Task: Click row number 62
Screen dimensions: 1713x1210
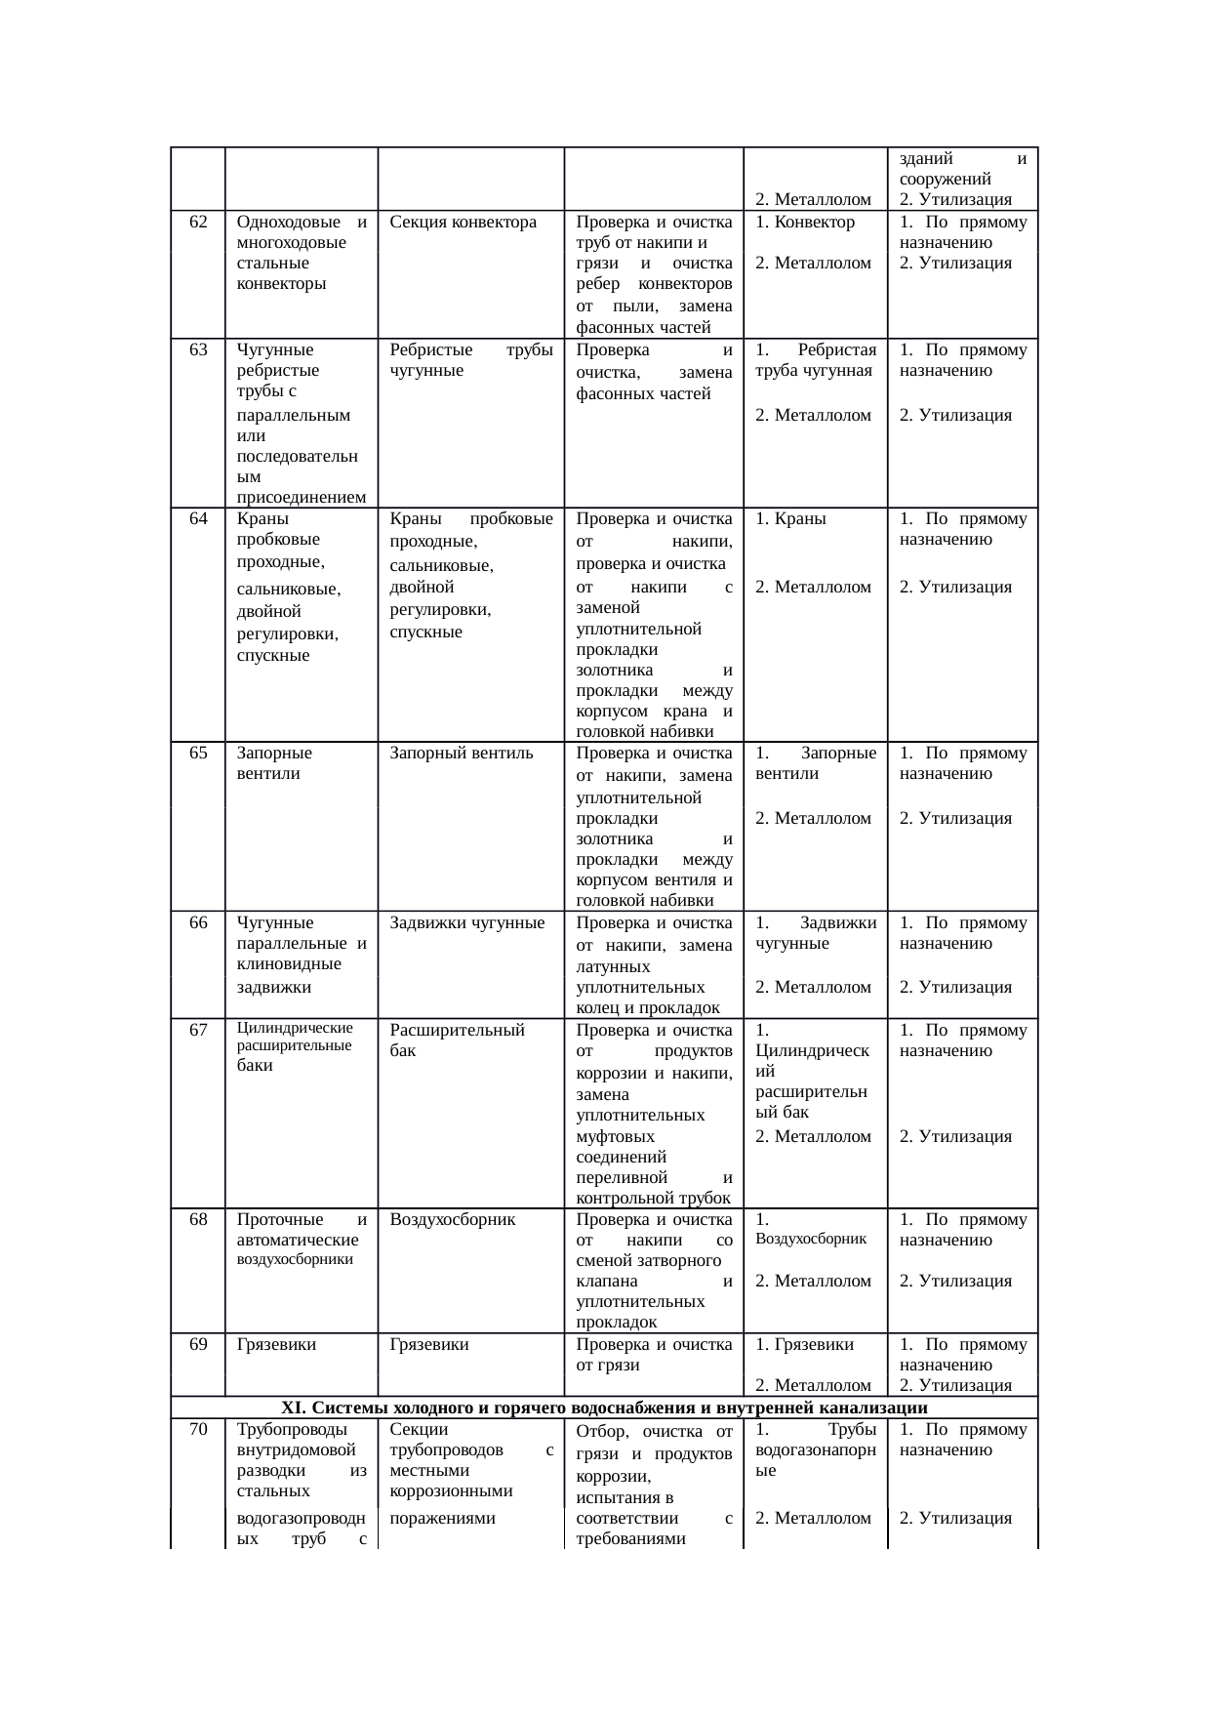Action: pos(198,222)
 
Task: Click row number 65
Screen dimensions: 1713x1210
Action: pos(198,754)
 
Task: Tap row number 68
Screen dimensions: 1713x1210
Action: pos(198,1220)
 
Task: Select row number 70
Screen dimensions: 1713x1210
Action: pos(198,1430)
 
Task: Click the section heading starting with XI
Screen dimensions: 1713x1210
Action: pos(604,1407)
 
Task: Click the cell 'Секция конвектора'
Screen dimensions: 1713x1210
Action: pos(463,222)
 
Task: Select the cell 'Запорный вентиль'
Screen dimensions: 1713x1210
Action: pos(461,754)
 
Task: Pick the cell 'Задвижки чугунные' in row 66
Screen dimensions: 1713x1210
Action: pos(466,922)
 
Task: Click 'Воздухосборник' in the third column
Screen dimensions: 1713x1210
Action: pos(452,1220)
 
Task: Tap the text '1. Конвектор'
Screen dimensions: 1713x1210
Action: pos(805,222)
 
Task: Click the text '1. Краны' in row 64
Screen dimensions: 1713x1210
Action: pos(790,519)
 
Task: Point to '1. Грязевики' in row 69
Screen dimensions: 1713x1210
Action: pos(804,1345)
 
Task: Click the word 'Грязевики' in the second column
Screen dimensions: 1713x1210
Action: pos(276,1345)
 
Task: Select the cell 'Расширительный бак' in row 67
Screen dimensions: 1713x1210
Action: pos(457,1040)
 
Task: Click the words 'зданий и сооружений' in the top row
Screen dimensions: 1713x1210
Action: pos(962,169)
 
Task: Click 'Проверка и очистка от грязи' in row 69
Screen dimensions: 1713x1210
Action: pos(654,1355)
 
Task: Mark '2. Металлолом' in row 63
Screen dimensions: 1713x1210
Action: pos(813,416)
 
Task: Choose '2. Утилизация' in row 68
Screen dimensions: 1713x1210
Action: pos(955,1281)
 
